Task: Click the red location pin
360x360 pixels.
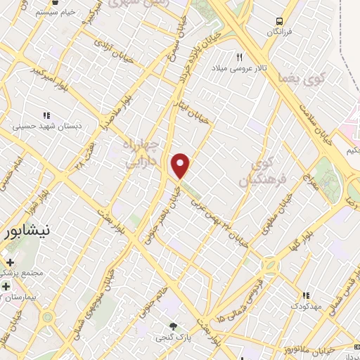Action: [181, 165]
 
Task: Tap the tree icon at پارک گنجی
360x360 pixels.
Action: [173, 326]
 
